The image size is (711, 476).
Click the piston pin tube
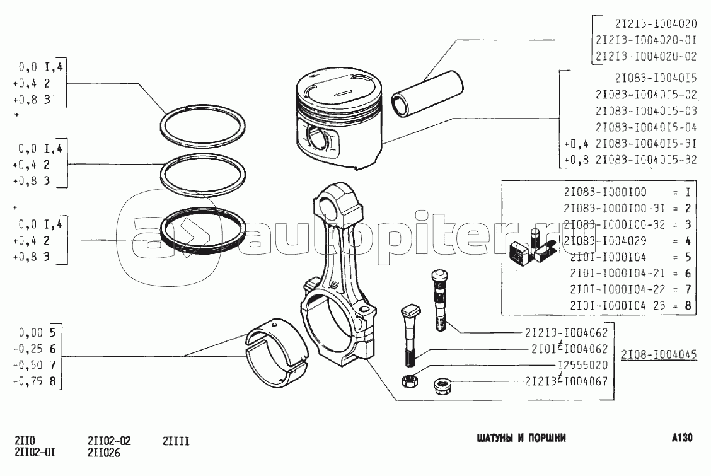coord(427,95)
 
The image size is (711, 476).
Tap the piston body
coord(340,120)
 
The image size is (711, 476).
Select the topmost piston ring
coord(203,127)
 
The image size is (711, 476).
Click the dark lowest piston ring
coord(204,231)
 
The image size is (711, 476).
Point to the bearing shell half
coord(276,352)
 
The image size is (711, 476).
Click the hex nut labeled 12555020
coord(410,380)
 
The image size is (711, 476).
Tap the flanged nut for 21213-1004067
coord(442,386)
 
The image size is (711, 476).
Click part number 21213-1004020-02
coord(645,56)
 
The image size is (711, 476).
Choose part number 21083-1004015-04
coord(645,127)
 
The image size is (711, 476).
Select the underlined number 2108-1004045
coord(659,354)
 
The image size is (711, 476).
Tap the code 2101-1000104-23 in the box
coord(618,306)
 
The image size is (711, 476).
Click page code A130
coord(682,438)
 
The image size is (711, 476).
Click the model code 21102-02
coord(109,441)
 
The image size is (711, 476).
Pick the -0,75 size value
coord(28,381)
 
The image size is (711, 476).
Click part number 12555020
coord(582,366)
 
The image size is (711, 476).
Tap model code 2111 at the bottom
coord(176,441)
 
